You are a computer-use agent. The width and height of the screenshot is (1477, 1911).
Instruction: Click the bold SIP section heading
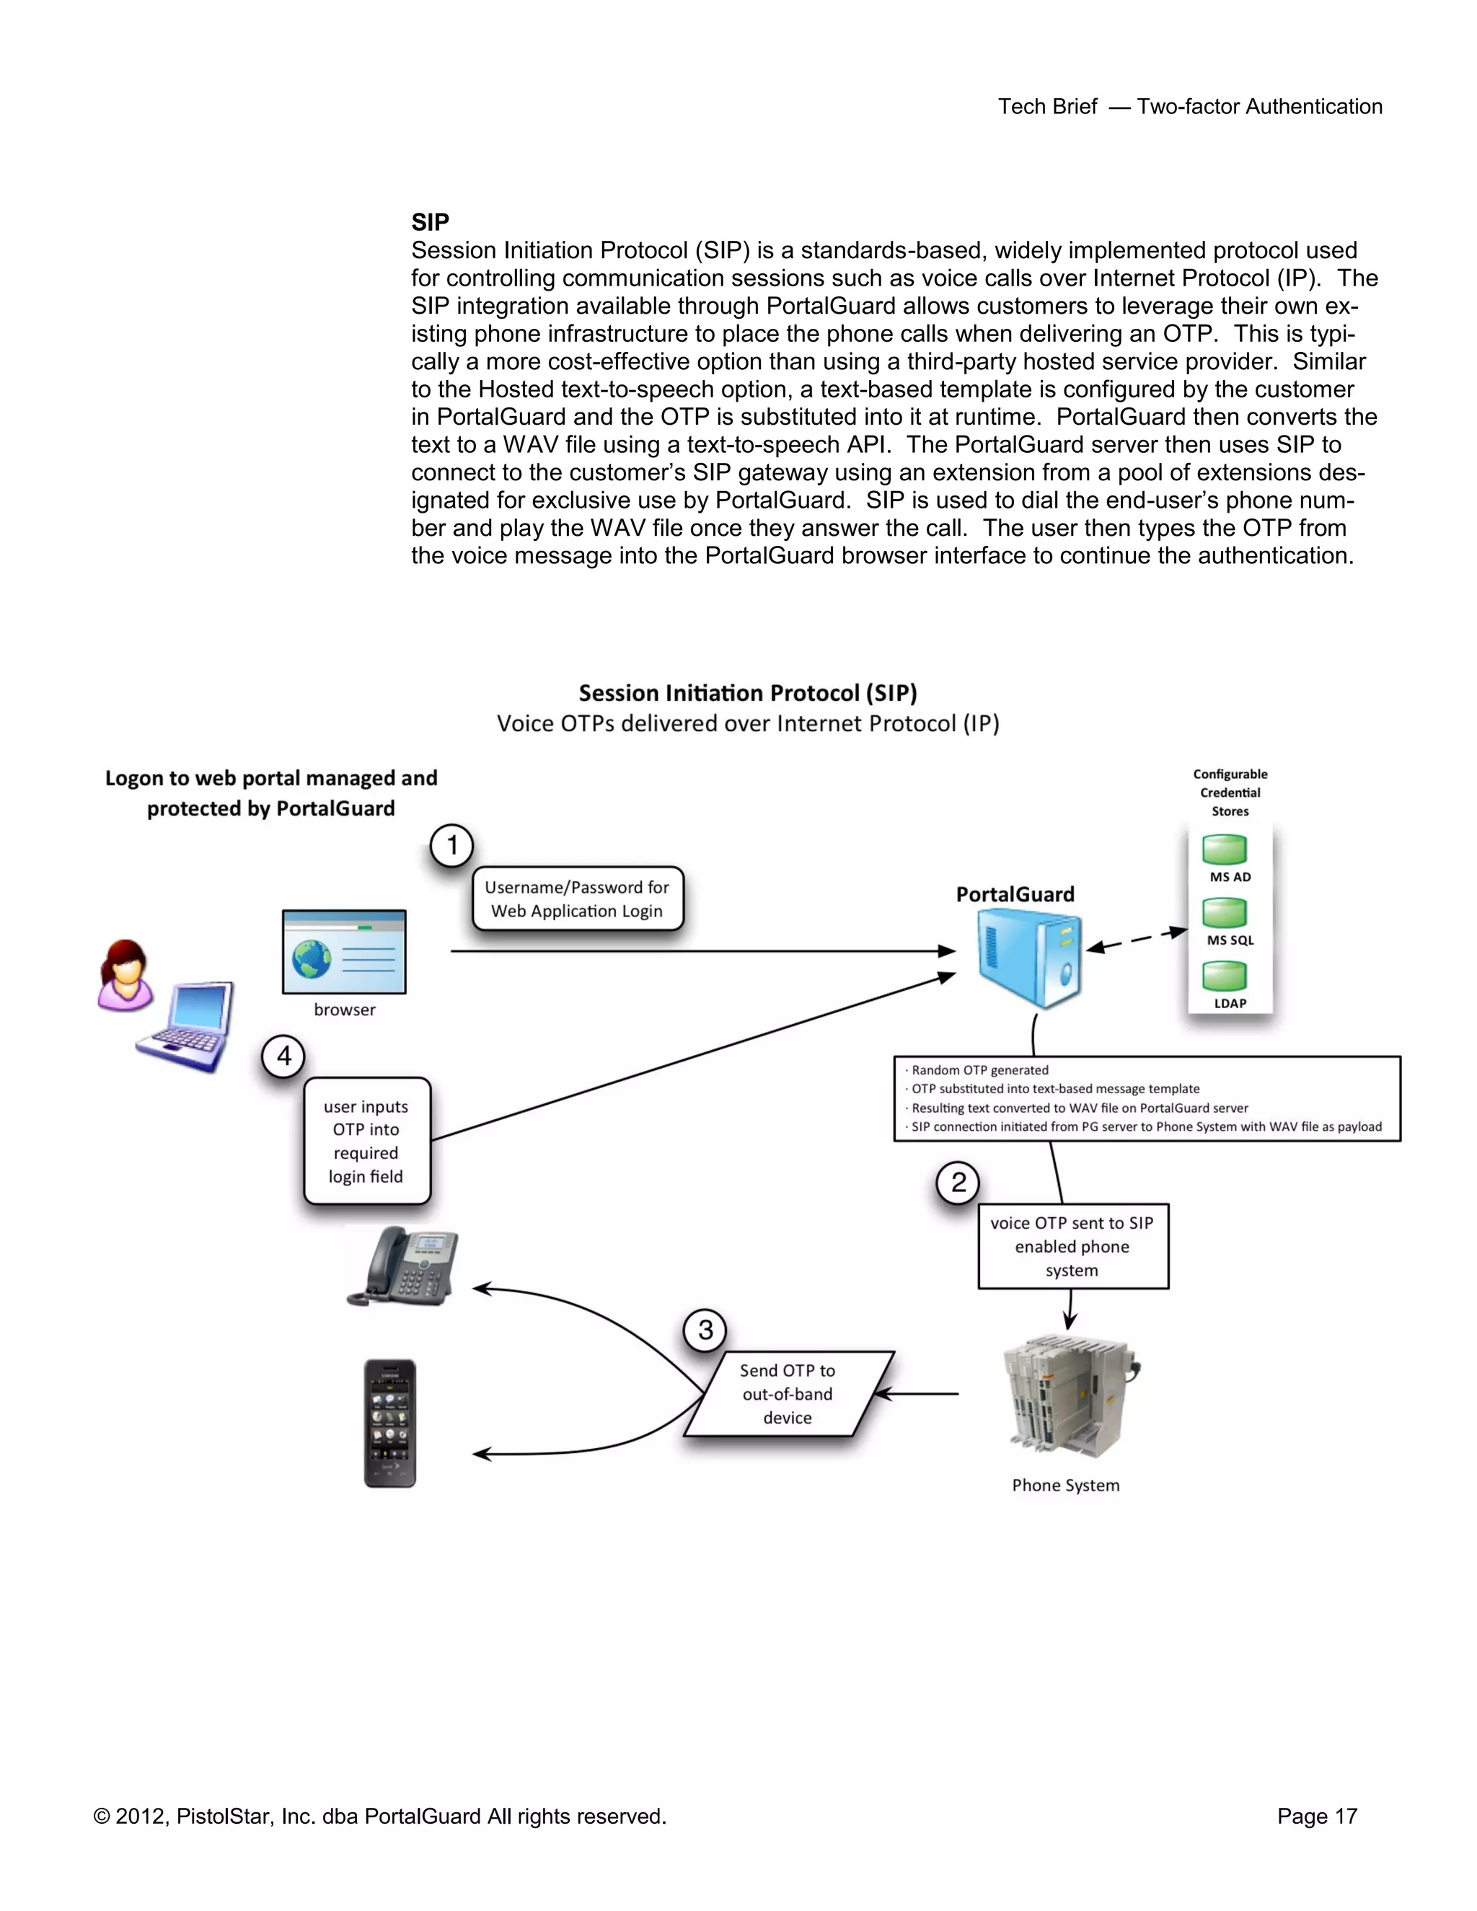430,222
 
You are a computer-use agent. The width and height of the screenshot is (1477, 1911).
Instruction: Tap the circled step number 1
451,845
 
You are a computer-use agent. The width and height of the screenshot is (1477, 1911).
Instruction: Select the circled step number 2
958,1182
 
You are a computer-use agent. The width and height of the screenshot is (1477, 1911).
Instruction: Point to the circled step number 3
705,1330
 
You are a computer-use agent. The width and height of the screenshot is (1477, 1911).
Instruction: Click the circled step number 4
283,1056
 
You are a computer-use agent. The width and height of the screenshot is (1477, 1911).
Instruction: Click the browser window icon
344,952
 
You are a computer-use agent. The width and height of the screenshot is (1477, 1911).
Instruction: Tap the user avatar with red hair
125,975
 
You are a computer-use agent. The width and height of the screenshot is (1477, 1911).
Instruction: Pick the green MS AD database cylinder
1224,849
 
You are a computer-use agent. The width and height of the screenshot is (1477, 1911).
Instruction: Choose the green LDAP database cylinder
1224,976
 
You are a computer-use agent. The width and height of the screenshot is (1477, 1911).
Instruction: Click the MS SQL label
1230,940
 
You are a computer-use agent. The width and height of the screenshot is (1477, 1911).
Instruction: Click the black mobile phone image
390,1423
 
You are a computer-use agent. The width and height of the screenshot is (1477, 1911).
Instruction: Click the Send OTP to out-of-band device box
788,1394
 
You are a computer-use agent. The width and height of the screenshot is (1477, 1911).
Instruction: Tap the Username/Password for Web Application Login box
578,899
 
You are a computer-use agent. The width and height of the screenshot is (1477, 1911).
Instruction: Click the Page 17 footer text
1316,1817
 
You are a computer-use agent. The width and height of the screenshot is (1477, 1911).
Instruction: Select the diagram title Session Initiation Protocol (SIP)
747,693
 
